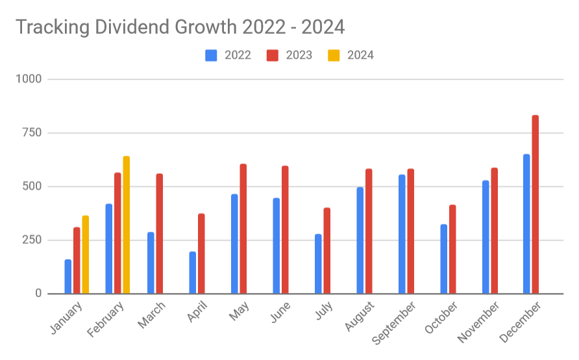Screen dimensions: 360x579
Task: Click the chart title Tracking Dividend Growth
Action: tap(180, 27)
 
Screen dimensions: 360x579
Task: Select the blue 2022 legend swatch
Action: tap(211, 55)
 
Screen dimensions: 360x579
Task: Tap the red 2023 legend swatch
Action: tap(273, 55)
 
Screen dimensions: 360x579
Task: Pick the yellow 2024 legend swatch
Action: tap(334, 55)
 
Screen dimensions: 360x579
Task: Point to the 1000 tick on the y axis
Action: tap(29, 79)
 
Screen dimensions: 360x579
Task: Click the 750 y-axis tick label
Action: tap(31, 133)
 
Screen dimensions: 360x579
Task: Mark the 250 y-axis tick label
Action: tap(31, 240)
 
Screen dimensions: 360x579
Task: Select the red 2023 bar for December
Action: tap(536, 204)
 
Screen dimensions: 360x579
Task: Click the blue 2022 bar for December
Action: tap(526, 224)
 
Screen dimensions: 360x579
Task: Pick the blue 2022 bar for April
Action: tap(193, 272)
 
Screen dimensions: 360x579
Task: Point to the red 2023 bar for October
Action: tap(452, 250)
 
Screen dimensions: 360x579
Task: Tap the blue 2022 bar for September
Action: tap(402, 234)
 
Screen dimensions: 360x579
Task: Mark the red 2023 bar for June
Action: tap(285, 230)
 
